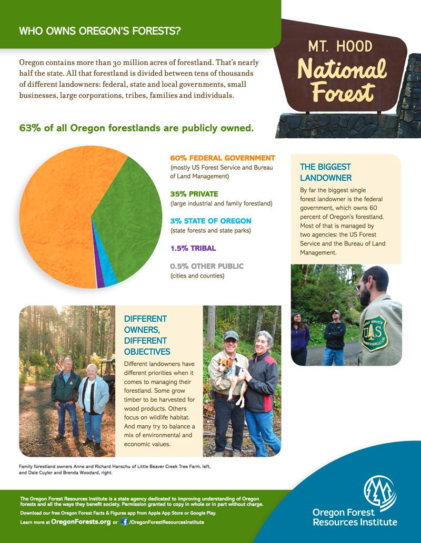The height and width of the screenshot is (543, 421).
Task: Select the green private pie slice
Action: pyautogui.click(x=126, y=210)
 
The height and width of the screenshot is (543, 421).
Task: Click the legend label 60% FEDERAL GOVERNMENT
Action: pyautogui.click(x=223, y=158)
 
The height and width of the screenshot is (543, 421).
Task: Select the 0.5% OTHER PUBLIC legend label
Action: pyautogui.click(x=207, y=266)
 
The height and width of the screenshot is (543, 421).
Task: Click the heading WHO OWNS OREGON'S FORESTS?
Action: pyautogui.click(x=100, y=31)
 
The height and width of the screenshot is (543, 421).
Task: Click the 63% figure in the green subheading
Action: pyautogui.click(x=31, y=128)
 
